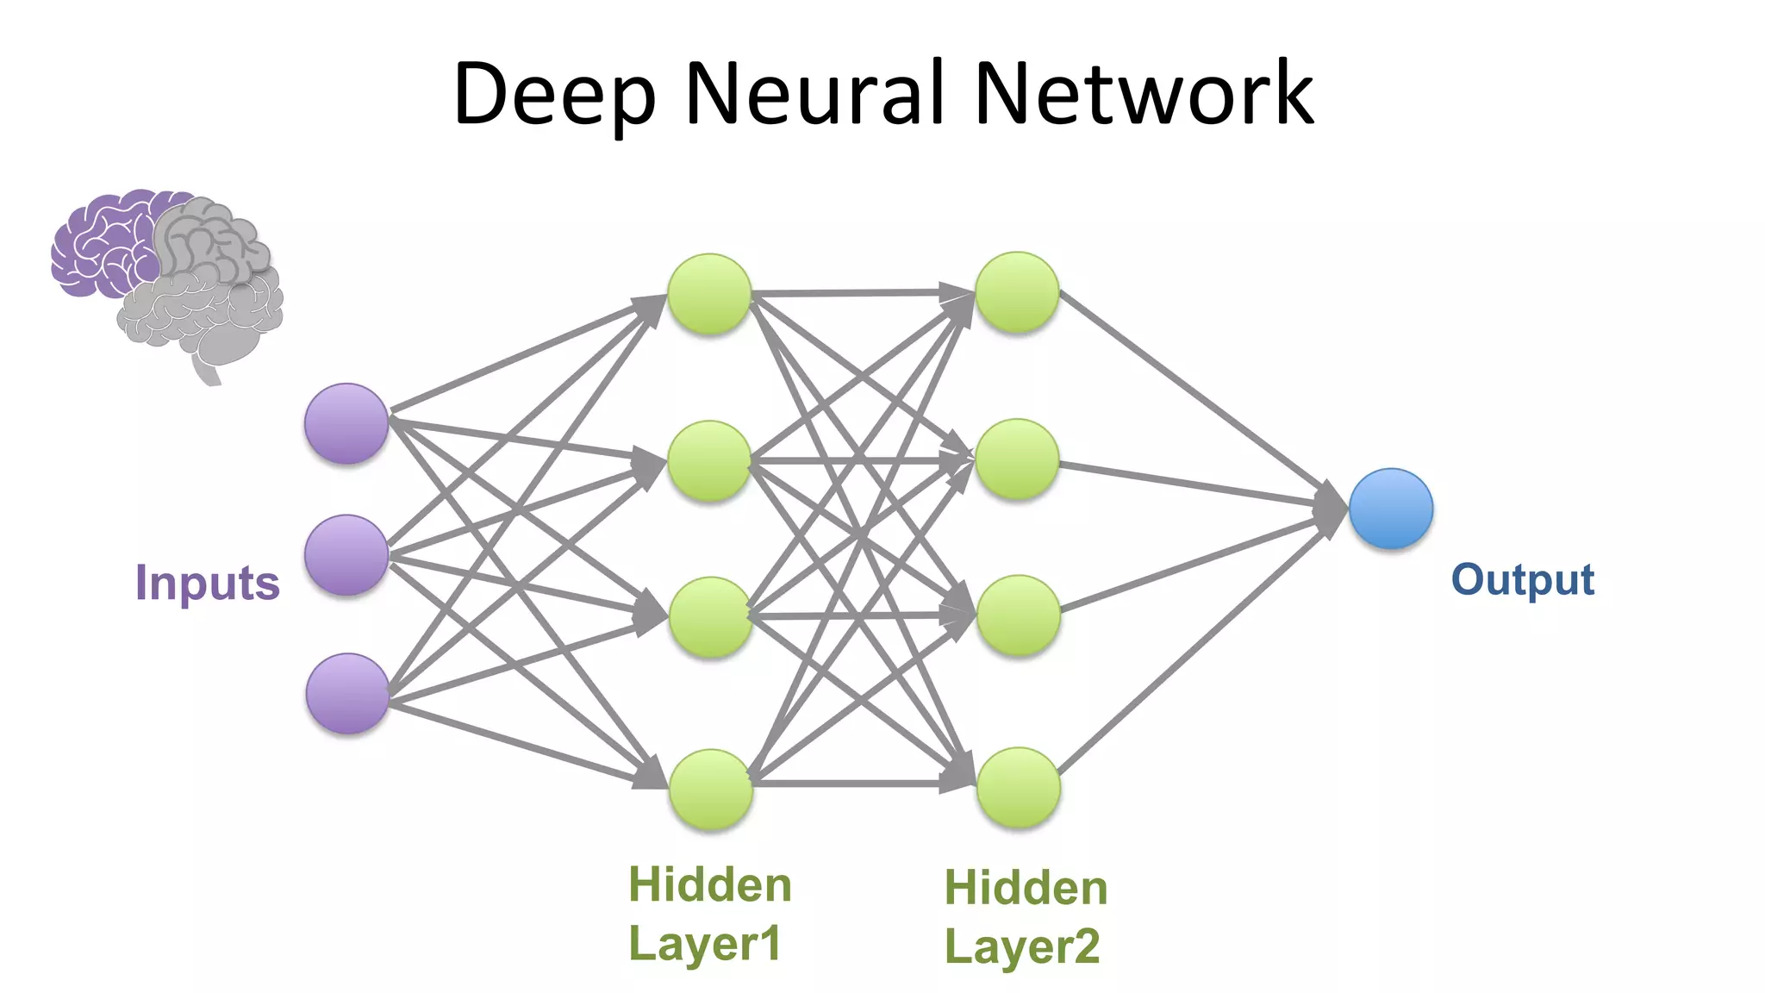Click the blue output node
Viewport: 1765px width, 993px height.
pyautogui.click(x=1390, y=509)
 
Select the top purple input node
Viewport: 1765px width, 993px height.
pyautogui.click(x=346, y=423)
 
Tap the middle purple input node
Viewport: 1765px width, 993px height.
pyautogui.click(x=346, y=555)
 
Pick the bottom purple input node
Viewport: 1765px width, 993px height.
pyautogui.click(x=347, y=693)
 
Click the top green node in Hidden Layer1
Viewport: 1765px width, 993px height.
pyautogui.click(x=709, y=294)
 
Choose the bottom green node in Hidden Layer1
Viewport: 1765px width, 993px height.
pyautogui.click(x=711, y=789)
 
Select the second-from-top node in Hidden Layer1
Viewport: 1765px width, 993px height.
pyautogui.click(x=709, y=460)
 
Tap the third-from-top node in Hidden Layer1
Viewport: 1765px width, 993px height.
pyautogui.click(x=710, y=617)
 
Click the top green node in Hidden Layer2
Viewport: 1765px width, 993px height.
pyautogui.click(x=1017, y=292)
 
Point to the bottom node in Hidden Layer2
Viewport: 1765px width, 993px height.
pyautogui.click(x=1018, y=787)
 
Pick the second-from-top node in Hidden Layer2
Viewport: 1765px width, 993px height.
pyautogui.click(x=1017, y=459)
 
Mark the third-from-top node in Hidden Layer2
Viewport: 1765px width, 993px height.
pyautogui.click(x=1018, y=615)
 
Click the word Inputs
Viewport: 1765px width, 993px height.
pyautogui.click(x=208, y=583)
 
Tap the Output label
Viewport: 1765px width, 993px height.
pyautogui.click(x=1523, y=579)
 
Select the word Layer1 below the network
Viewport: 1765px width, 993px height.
pyautogui.click(x=705, y=942)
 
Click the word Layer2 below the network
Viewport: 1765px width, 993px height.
pyautogui.click(x=1022, y=946)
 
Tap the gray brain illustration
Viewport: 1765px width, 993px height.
pyautogui.click(x=211, y=293)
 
